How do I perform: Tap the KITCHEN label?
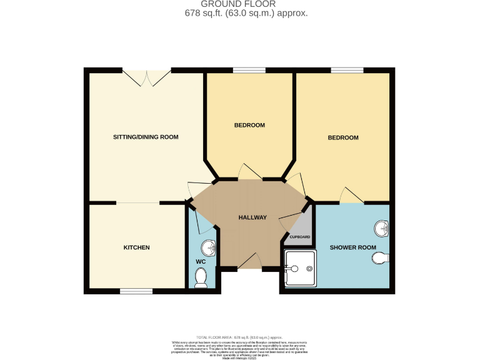click(x=136, y=247)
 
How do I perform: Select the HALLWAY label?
click(x=252, y=217)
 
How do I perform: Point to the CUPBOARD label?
click(x=299, y=237)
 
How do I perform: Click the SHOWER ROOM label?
click(x=353, y=247)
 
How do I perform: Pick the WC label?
click(x=201, y=261)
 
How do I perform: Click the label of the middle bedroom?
click(x=249, y=125)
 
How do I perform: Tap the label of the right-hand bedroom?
click(x=343, y=137)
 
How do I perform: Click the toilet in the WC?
click(x=201, y=277)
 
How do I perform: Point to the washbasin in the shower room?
click(x=382, y=229)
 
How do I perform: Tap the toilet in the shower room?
click(x=384, y=256)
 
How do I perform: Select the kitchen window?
click(x=136, y=291)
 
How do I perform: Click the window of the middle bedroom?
click(x=249, y=69)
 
